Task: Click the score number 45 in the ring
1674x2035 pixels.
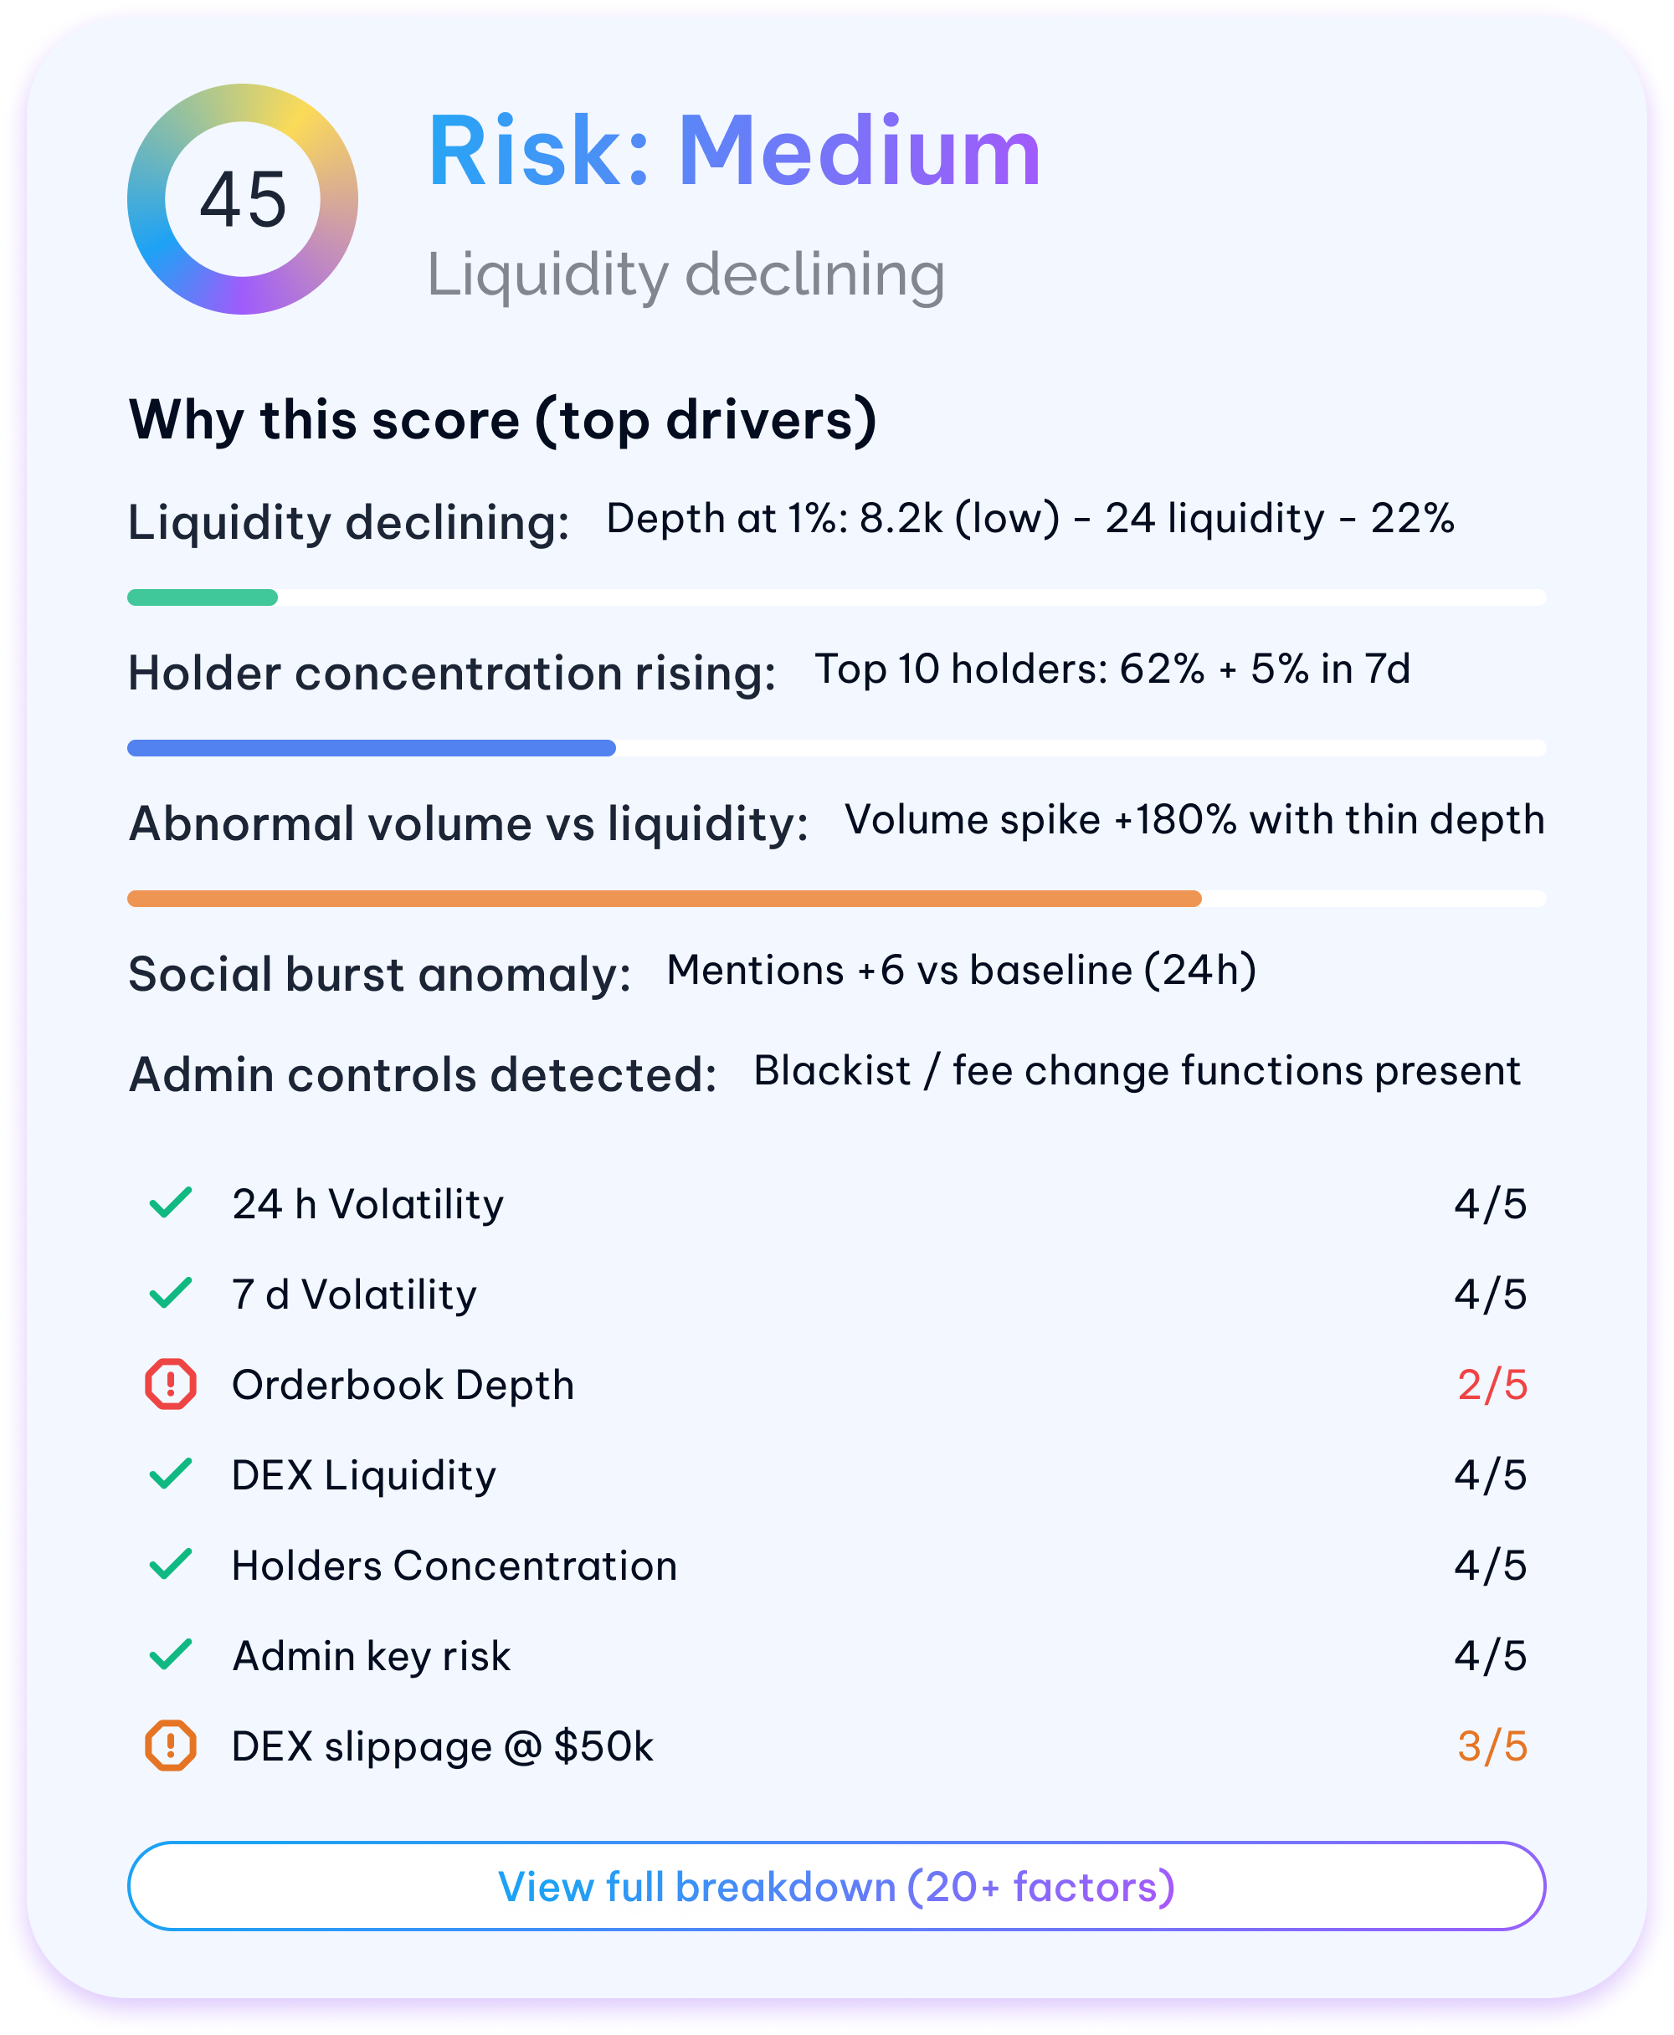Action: tap(243, 199)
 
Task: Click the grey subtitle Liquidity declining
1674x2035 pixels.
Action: tap(686, 274)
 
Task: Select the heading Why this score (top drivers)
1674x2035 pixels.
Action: tap(502, 420)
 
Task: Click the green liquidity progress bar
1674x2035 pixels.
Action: tap(203, 597)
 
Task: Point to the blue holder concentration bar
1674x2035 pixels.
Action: tap(372, 748)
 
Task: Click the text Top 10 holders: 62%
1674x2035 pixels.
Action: tap(1009, 669)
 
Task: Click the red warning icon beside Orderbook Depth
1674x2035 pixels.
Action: tap(171, 1384)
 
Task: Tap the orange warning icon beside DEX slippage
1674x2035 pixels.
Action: tap(171, 1745)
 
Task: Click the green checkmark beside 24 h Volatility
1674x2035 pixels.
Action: tap(171, 1203)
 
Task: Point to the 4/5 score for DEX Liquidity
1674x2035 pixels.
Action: tap(1491, 1476)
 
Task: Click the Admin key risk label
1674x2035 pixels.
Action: tap(372, 1656)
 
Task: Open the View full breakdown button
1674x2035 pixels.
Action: tap(836, 1887)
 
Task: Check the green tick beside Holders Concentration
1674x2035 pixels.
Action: tap(171, 1565)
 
